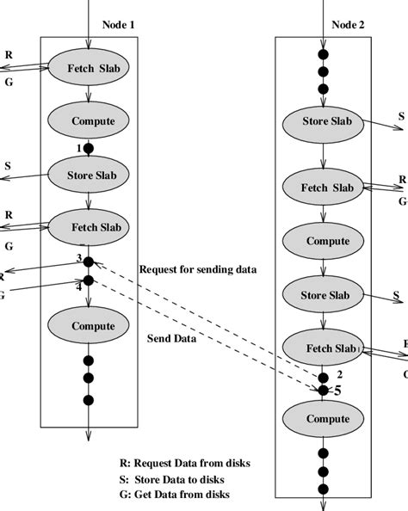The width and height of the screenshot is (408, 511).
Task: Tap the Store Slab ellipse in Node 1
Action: [88, 175]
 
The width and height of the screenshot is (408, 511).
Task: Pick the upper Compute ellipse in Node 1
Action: [88, 120]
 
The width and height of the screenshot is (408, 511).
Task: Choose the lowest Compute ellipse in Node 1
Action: [88, 325]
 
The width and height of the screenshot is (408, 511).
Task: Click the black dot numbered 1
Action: [88, 148]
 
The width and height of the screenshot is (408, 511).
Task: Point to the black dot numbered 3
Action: [88, 262]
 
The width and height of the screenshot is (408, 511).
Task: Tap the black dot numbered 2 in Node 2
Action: [323, 376]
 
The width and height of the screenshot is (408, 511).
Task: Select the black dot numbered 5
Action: [323, 390]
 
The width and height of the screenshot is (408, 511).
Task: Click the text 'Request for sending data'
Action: [197, 269]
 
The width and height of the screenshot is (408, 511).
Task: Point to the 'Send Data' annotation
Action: [173, 339]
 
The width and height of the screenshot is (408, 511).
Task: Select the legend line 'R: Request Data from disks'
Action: [185, 463]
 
